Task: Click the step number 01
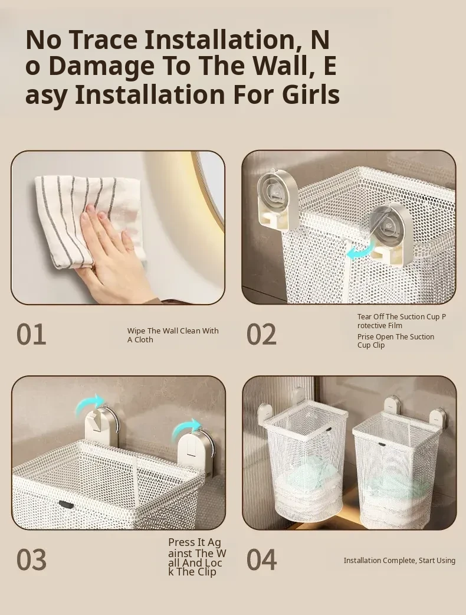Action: coord(31,335)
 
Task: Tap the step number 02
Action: coord(261,335)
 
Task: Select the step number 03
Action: coord(31,560)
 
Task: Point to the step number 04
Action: coord(261,560)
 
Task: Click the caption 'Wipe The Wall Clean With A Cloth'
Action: coord(173,335)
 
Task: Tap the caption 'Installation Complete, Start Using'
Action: coord(399,561)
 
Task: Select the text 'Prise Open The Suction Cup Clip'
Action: coord(395,341)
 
